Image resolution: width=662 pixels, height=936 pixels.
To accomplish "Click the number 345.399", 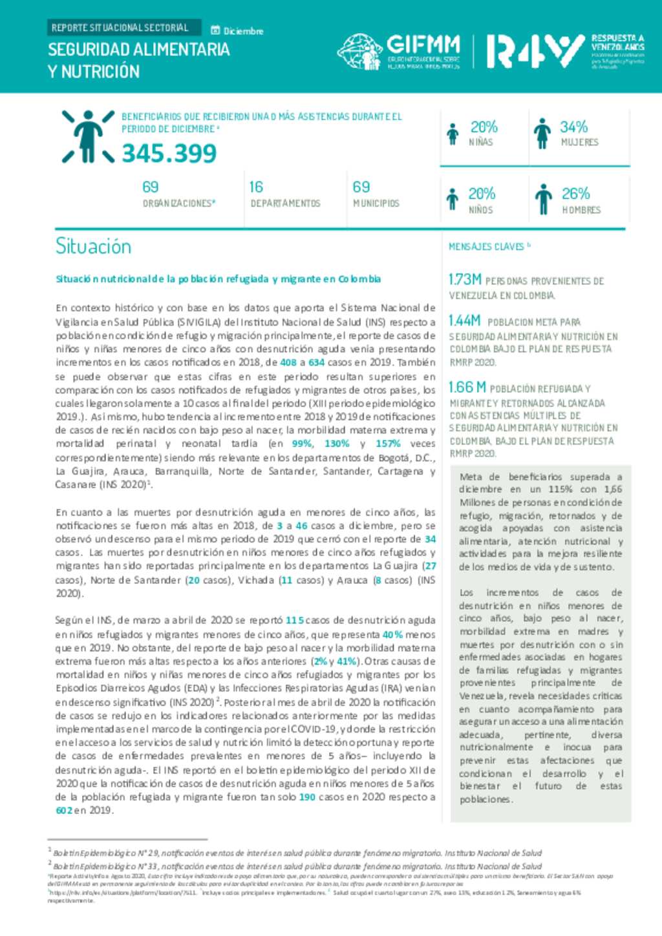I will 169,154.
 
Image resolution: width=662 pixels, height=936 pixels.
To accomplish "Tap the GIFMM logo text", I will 423,45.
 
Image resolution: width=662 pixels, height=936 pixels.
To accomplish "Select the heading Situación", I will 93,246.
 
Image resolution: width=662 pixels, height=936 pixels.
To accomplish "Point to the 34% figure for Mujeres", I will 573,127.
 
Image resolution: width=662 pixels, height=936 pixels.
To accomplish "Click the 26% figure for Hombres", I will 575,193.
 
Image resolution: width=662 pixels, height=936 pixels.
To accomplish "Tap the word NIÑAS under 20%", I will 481,142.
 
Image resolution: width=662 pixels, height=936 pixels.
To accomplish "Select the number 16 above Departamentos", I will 256,187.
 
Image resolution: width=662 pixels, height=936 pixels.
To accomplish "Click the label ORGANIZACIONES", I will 178,203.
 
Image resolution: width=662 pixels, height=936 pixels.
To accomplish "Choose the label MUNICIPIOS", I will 376,203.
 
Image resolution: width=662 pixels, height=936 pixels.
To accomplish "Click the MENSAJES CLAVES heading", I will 487,247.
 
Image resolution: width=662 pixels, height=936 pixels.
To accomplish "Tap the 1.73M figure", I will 465,279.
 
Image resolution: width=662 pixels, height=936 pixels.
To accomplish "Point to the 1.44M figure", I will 465,320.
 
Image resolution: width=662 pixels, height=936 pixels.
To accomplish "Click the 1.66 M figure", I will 467,387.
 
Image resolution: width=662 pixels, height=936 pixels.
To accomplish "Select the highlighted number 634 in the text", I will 317,362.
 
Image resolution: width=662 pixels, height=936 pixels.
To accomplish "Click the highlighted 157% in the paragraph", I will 388,444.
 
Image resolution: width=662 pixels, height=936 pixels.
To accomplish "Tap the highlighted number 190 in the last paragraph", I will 307,797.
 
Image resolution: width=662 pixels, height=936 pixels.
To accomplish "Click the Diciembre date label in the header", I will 243,31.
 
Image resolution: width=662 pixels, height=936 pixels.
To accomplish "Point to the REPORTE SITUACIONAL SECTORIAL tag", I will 120,28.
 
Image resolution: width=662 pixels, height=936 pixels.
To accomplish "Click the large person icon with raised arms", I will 89,136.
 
